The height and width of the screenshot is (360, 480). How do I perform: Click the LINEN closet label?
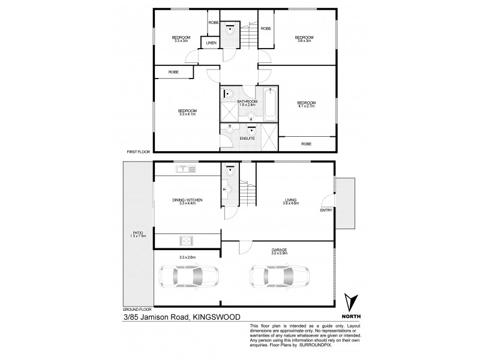211,43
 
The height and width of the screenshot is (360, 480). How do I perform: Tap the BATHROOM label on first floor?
247,102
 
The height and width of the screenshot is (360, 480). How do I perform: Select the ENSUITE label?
247,139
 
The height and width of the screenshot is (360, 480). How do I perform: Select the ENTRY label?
326,210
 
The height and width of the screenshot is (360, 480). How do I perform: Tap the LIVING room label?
292,200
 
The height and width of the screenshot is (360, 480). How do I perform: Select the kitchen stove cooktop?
186,241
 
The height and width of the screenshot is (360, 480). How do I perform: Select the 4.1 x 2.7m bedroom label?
307,103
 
